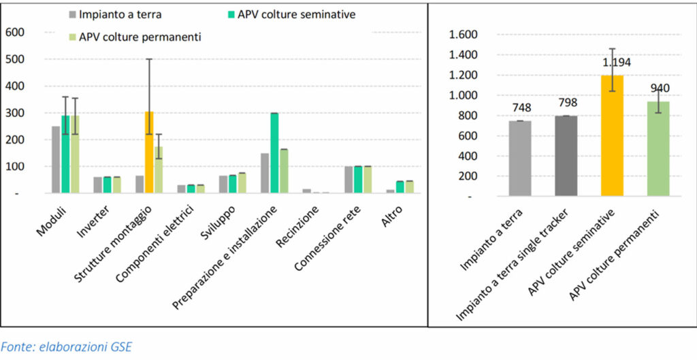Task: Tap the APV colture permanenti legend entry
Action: pyautogui.click(x=135, y=36)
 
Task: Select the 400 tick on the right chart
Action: pyautogui.click(x=467, y=156)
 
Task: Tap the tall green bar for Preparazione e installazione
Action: pyautogui.click(x=274, y=153)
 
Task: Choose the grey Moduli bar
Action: pyautogui.click(x=56, y=160)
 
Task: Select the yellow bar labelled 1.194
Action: pyautogui.click(x=612, y=135)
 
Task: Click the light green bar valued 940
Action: pyautogui.click(x=658, y=148)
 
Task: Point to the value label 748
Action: pyautogui.click(x=519, y=108)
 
